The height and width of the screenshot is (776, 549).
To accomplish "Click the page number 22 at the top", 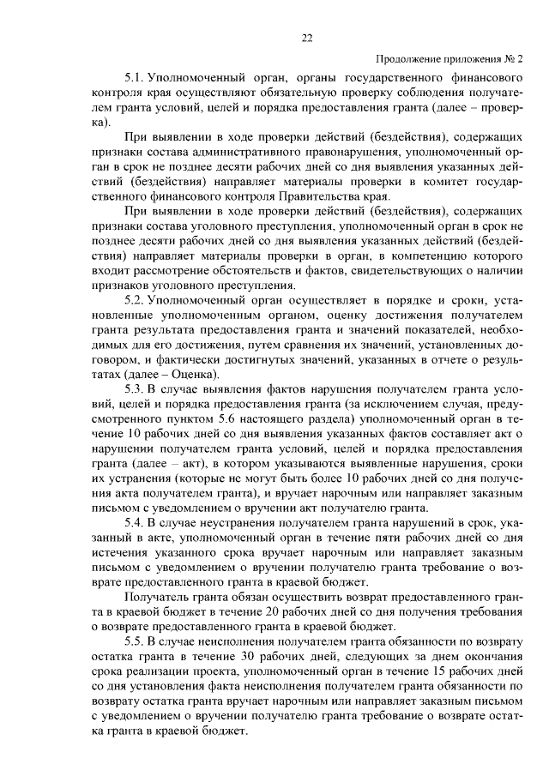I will tap(306, 36).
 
